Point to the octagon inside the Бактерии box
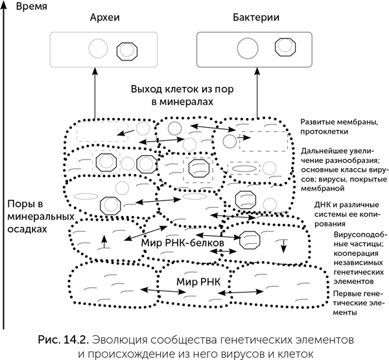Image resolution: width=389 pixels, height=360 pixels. tap(283, 47)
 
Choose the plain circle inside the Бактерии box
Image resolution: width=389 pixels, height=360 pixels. tap(246, 47)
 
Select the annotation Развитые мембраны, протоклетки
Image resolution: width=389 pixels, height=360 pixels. tap(334, 126)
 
